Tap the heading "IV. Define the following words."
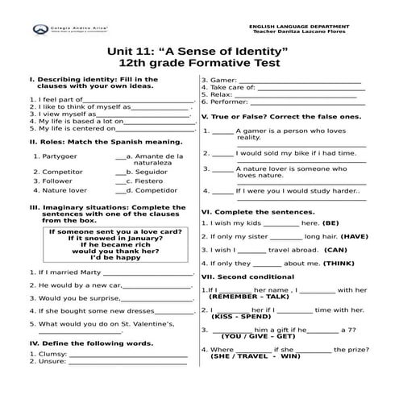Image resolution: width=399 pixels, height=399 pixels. click(91, 343)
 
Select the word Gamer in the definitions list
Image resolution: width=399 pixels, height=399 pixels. click(223, 80)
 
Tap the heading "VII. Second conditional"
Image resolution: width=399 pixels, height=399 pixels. click(249, 276)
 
